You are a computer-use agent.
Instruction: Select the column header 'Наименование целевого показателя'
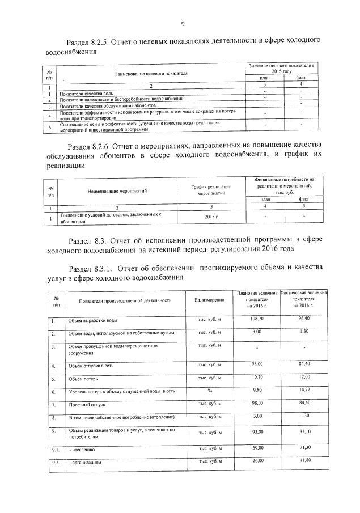click(x=150, y=74)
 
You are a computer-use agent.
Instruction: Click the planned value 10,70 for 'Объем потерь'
click(x=258, y=376)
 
